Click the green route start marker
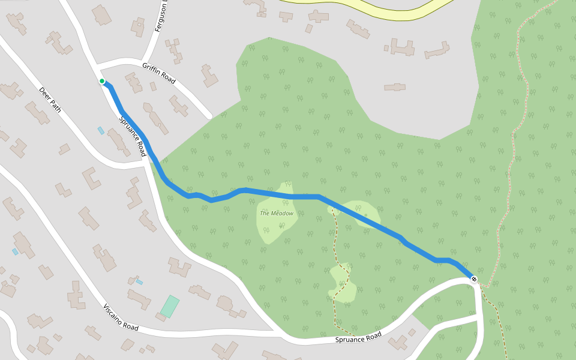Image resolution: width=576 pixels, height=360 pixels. pos(102,81)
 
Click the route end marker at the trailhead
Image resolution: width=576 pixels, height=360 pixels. pos(474,279)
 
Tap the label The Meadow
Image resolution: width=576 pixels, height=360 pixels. pos(277,213)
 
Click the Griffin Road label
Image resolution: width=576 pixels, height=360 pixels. pos(158,73)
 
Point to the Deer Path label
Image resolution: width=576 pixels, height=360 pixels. pos(50,100)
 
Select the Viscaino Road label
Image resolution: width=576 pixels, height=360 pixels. pos(121,317)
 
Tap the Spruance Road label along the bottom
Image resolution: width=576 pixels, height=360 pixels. pos(359,338)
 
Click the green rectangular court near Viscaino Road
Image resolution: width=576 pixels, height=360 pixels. pos(170,307)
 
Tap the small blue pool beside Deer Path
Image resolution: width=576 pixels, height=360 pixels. pos(101,130)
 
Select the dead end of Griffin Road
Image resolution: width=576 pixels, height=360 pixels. pos(208,115)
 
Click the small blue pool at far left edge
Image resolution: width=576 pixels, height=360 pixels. pos(15,252)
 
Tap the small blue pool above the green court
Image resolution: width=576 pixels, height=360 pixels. pos(139,281)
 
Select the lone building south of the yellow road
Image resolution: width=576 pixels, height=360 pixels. pos(395,87)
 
